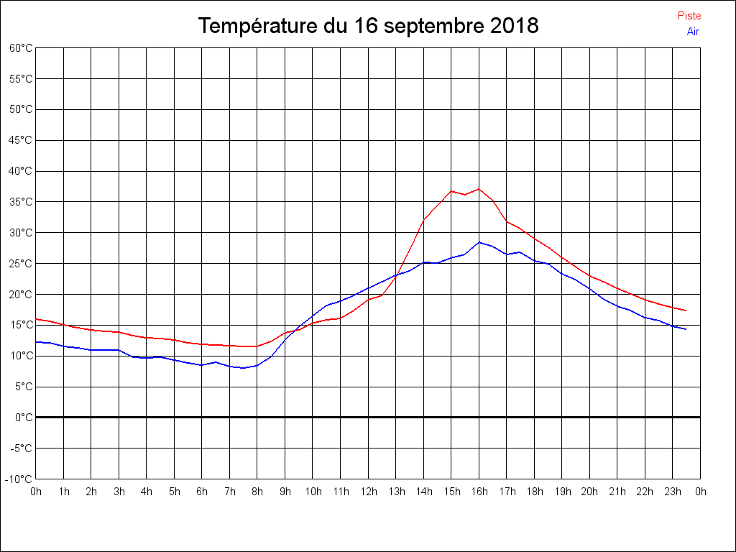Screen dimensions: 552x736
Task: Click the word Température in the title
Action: (258, 27)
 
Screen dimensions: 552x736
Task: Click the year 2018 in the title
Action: (514, 27)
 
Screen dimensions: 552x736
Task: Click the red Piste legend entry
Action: (689, 16)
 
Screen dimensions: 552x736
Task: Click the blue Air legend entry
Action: (693, 32)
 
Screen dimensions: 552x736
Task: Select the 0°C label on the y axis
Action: (24, 417)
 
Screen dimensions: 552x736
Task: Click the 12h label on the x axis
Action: (368, 492)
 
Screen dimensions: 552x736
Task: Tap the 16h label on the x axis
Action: (479, 492)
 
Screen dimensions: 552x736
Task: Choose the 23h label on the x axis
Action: (673, 492)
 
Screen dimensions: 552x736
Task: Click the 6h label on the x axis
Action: (202, 492)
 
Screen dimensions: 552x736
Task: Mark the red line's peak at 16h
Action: (479, 189)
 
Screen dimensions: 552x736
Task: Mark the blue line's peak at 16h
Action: (479, 242)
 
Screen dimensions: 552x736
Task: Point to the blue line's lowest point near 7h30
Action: (244, 368)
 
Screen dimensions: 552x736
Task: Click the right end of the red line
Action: (686, 310)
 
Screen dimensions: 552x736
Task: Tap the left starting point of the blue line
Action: (36, 341)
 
